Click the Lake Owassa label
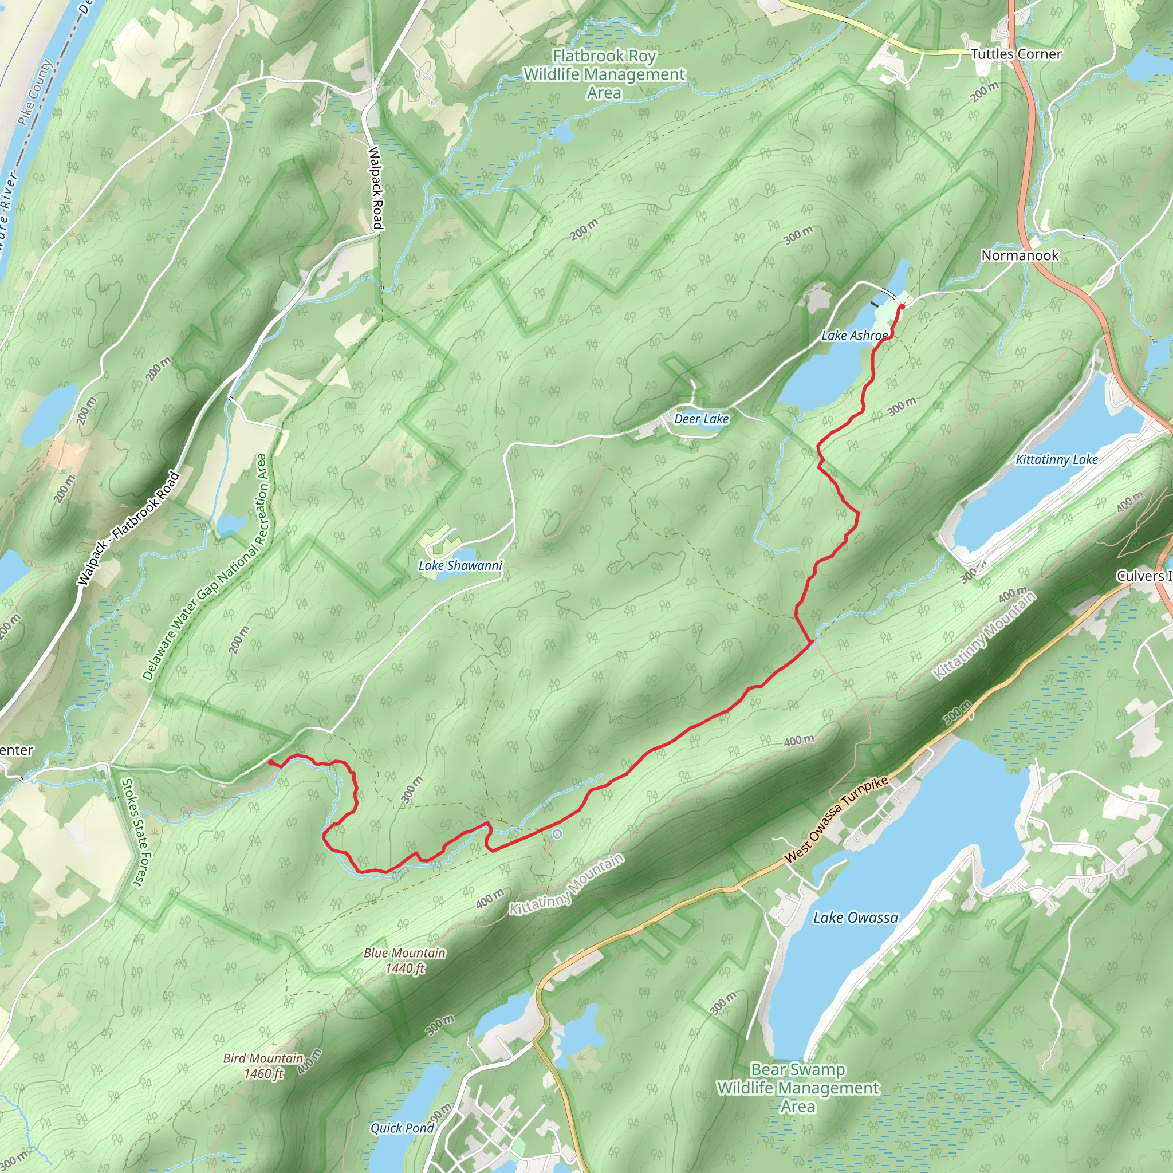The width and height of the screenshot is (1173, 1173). click(x=856, y=918)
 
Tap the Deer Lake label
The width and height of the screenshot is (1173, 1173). click(x=701, y=419)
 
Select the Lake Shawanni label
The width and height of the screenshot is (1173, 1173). click(x=460, y=565)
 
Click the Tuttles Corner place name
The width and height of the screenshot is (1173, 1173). click(x=1015, y=54)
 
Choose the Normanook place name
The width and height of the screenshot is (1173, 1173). click(x=1020, y=255)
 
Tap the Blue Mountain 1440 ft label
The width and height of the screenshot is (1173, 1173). click(x=404, y=961)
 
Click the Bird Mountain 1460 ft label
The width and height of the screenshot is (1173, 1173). click(x=263, y=1065)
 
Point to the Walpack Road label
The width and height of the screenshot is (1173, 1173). click(x=376, y=188)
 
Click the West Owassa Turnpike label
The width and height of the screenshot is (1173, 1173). click(x=836, y=820)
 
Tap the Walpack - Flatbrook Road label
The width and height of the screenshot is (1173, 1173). click(x=129, y=528)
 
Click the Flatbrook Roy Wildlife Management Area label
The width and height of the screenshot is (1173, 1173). click(x=604, y=74)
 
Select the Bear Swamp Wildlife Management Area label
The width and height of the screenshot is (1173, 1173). click(x=797, y=1088)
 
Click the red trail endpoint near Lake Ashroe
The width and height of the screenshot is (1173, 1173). click(x=902, y=306)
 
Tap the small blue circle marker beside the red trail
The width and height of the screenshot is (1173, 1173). click(x=557, y=834)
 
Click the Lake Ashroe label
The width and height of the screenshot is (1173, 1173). click(x=853, y=335)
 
